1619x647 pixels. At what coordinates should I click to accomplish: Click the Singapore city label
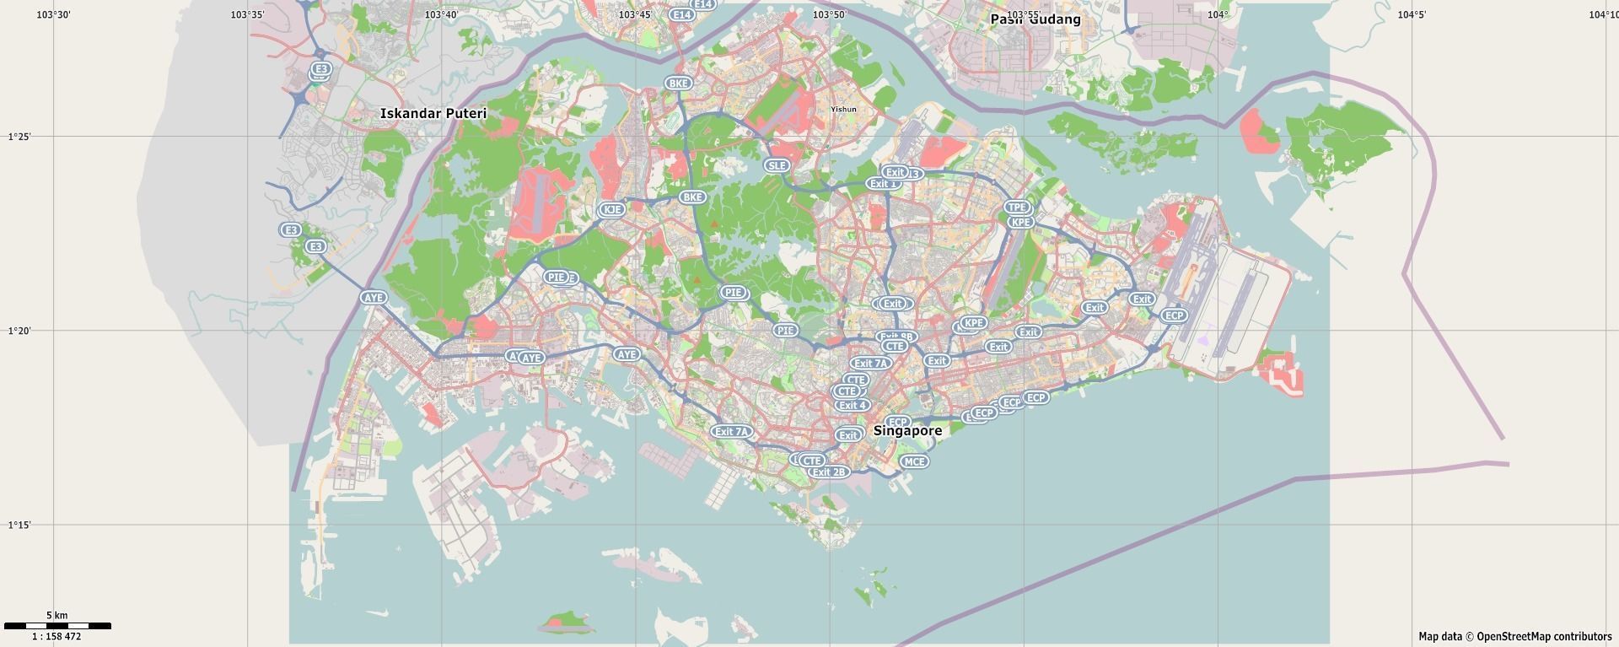click(907, 430)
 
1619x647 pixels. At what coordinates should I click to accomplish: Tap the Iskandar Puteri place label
click(433, 113)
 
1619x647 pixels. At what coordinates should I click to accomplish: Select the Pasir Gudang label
click(1035, 19)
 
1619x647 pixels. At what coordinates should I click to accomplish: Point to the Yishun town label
click(843, 109)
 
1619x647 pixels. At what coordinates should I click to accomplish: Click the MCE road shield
click(914, 461)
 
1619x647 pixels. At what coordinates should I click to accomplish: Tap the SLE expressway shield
click(777, 165)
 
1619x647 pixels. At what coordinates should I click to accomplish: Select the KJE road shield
click(612, 209)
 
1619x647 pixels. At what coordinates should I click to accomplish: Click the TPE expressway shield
click(1017, 207)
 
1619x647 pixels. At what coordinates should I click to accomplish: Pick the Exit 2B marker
click(829, 472)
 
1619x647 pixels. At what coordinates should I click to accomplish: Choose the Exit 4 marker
click(852, 405)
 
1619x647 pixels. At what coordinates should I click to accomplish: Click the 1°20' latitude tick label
click(19, 332)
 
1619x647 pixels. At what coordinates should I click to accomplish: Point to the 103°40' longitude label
click(441, 14)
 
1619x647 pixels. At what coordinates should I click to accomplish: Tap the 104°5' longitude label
click(1412, 14)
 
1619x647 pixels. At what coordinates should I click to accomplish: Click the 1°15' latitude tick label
click(19, 526)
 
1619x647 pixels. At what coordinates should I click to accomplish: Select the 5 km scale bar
click(57, 626)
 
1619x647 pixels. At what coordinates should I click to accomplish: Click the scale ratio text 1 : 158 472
click(56, 637)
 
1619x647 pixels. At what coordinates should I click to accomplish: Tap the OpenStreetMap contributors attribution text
click(1514, 637)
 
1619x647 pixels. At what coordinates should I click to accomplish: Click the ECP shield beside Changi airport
click(1173, 315)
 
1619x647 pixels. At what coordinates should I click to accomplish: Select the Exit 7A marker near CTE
click(870, 364)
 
